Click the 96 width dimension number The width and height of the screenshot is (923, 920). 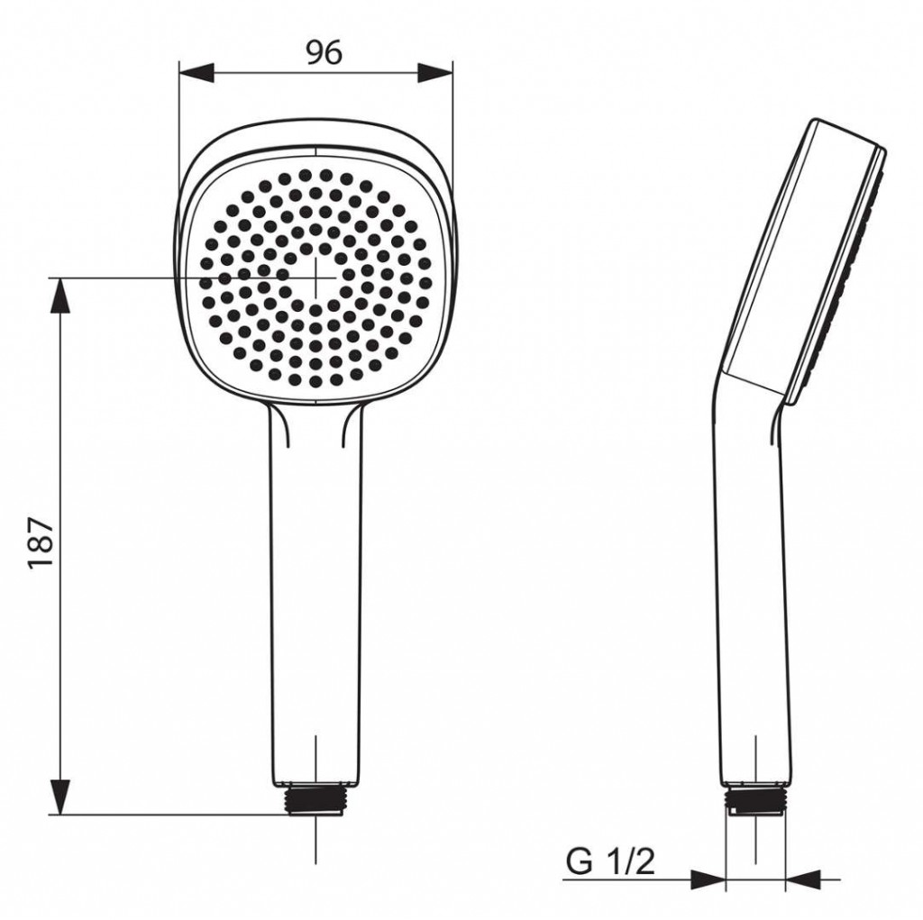324,53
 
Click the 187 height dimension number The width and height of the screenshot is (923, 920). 41,542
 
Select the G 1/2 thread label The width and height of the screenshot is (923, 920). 610,862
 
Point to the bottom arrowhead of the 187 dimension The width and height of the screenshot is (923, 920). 60,797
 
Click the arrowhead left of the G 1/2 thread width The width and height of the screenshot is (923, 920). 708,879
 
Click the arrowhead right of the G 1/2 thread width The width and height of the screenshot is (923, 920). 802,879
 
